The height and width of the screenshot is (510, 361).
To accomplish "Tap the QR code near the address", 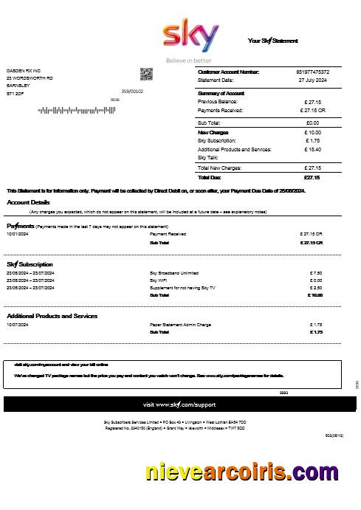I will pos(146,74).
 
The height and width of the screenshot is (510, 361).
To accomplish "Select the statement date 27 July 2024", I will pos(312,79).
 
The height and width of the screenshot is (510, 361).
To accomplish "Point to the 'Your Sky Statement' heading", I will pos(272,41).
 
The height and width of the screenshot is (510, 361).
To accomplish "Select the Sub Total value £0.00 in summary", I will pos(312,123).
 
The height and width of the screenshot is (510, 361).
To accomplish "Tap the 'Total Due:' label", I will pos(210,177).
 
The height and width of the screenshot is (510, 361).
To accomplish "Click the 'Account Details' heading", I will pos(29,202).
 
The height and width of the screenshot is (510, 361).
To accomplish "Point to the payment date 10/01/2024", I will pos(18,234).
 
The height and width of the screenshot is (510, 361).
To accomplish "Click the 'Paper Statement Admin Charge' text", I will pos(180,325).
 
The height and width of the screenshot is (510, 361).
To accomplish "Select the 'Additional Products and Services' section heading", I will pos(52,316).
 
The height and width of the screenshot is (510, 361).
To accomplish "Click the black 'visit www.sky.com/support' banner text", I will pos(179,404).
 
